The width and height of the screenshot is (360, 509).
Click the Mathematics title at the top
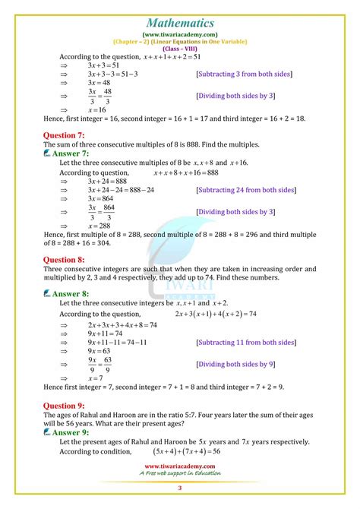pos(179,11)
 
